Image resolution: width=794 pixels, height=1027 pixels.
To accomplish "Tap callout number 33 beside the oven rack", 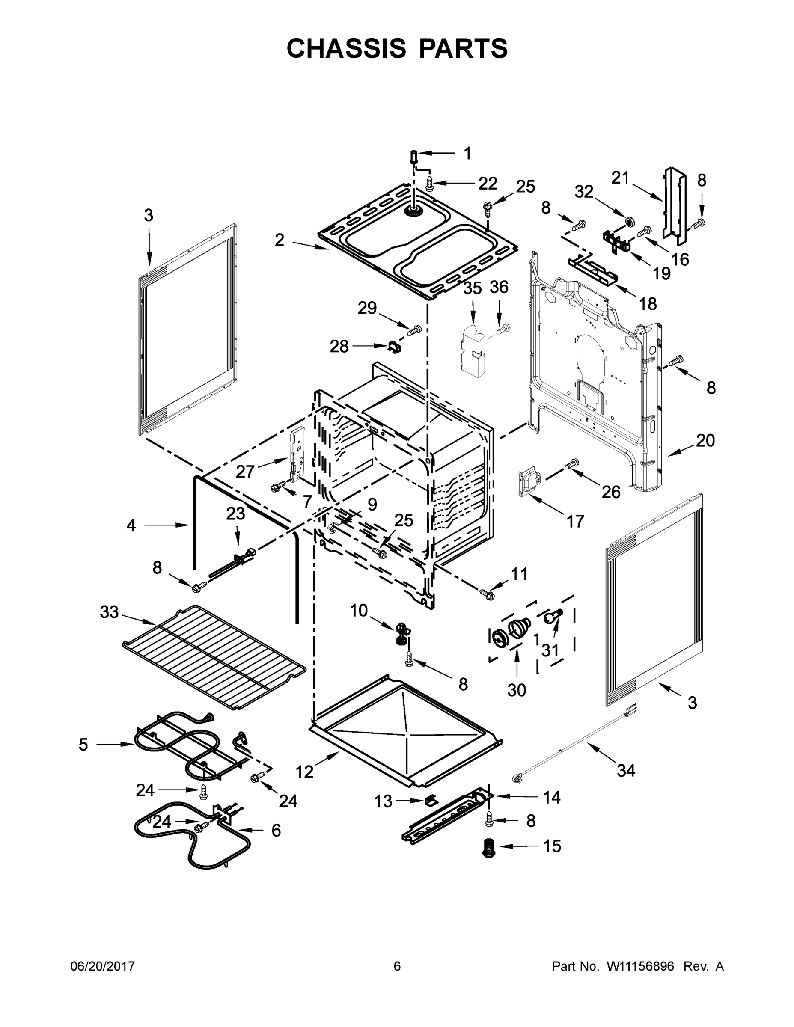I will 109,612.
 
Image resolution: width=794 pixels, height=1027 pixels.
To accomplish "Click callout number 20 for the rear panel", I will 705,441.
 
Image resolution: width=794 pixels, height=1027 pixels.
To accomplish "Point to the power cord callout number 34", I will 626,770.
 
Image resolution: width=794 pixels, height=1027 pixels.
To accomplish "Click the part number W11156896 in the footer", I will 640,966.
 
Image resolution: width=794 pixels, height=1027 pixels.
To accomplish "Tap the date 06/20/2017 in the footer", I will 103,966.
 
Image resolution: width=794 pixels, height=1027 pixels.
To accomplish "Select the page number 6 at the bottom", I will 397,966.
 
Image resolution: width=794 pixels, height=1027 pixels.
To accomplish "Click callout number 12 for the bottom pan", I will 304,771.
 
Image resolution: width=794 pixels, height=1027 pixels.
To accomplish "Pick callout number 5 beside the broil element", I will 83,745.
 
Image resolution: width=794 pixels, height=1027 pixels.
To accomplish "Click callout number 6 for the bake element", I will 276,831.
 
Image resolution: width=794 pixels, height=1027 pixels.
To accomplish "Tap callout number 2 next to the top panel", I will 280,240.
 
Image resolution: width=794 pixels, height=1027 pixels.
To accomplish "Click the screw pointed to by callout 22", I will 429,184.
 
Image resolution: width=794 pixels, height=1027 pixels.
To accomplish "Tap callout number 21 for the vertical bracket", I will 620,178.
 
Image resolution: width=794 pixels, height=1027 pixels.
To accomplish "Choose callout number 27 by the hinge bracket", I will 245,471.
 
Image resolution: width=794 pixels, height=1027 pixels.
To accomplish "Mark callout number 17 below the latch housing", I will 575,521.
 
